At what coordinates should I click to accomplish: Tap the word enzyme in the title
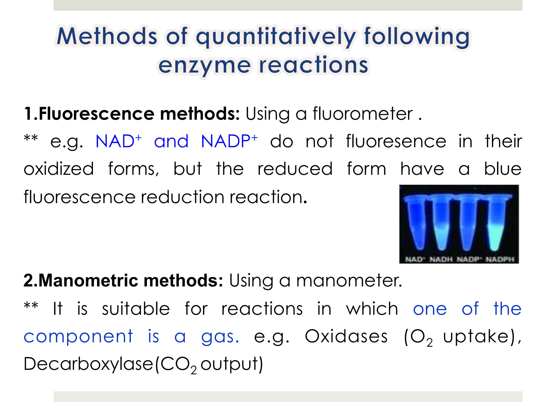(x=204, y=65)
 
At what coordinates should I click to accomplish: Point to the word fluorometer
(x=362, y=114)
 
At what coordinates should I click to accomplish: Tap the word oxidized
(x=59, y=169)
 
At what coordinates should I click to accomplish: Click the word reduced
(x=295, y=169)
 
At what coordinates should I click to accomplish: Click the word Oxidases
(x=346, y=336)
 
